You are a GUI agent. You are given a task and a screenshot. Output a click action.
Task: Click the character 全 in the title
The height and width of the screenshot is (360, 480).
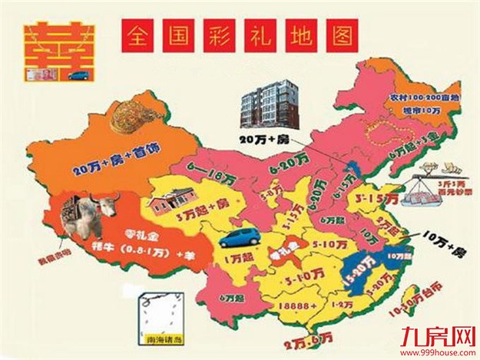coord(138,35)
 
